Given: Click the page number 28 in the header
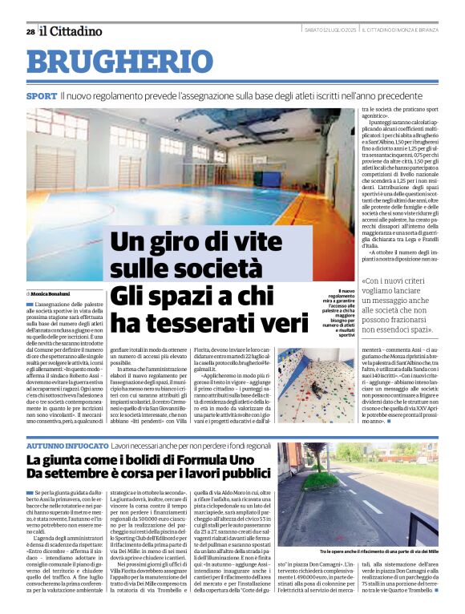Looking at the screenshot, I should point(30,31).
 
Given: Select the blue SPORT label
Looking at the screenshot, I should point(41,95).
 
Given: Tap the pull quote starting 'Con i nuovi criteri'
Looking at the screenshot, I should point(398,305).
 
